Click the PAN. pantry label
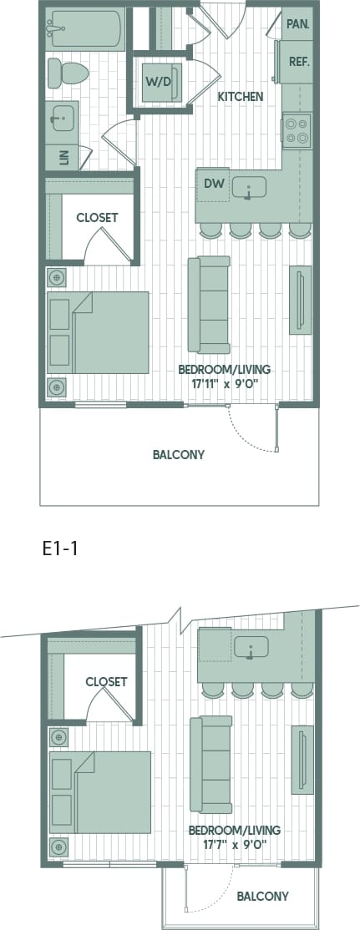coord(297,24)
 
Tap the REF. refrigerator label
coord(299,61)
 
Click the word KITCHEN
coord(241,97)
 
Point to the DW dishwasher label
coord(212,184)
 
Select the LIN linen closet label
coord(63,155)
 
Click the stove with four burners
coord(297,130)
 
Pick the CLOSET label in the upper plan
coord(97,218)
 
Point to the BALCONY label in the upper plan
coord(179,455)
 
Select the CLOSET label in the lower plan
coord(106,682)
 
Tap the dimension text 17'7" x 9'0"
coord(233,844)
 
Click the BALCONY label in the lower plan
coord(262,897)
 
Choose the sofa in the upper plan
coord(209,305)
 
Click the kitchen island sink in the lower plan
coord(251,648)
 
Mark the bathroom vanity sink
coord(61,120)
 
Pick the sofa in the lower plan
coord(211,764)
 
